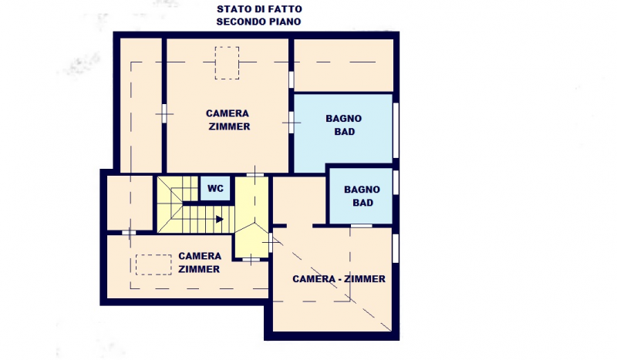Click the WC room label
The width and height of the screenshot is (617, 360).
[x=215, y=188]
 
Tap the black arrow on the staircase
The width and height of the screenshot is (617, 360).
[x=220, y=219]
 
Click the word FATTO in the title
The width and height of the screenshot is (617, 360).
[x=285, y=8]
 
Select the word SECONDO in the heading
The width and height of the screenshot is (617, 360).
[x=235, y=22]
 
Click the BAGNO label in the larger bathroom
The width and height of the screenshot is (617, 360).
[x=343, y=119]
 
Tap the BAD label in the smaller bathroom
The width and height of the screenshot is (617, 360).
[x=362, y=203]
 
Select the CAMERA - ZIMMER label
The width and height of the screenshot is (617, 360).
[x=339, y=279]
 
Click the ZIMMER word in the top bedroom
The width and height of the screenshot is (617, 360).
[x=229, y=126]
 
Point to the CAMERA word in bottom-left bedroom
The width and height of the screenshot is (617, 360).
[x=200, y=256]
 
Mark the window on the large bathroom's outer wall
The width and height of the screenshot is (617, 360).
[x=396, y=130]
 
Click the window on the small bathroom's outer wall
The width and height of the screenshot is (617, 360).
[x=396, y=182]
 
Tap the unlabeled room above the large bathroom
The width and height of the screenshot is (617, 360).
[x=343, y=66]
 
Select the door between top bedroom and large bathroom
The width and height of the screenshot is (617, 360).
[x=292, y=123]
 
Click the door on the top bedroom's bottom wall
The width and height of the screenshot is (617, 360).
[x=255, y=174]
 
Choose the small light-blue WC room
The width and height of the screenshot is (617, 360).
[x=215, y=188]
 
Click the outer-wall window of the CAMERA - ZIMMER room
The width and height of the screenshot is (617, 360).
[x=396, y=248]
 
